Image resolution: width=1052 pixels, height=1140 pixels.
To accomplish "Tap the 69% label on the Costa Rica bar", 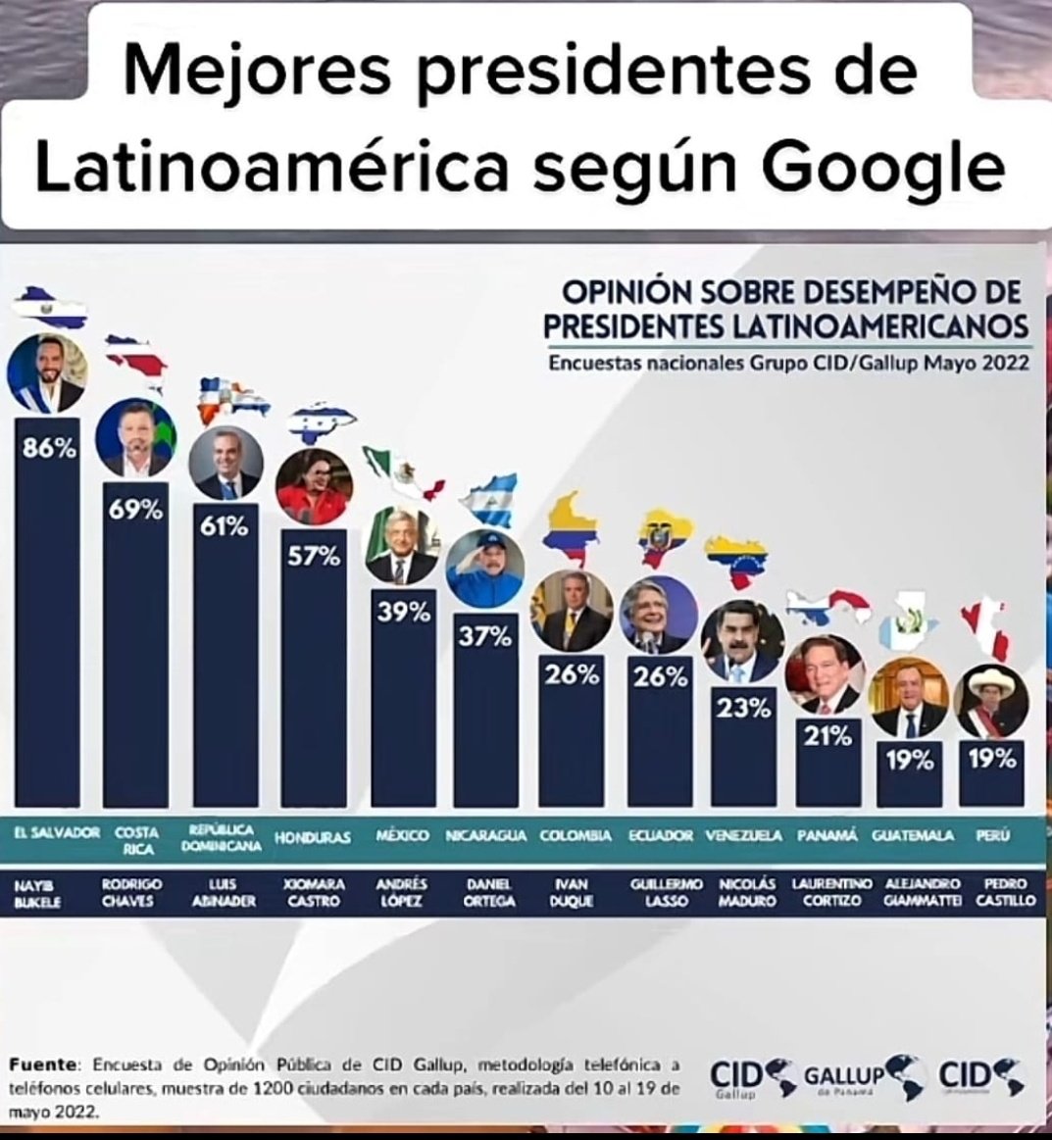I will [x=135, y=511].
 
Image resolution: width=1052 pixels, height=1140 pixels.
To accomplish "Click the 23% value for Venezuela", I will [x=743, y=710].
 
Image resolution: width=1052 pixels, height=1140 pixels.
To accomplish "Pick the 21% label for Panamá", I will [x=827, y=738].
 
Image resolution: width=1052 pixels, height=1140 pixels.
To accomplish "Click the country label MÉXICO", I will [x=402, y=836].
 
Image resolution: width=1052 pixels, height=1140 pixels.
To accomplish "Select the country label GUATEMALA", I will [x=912, y=836].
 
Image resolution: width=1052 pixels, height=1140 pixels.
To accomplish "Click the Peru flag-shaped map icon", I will [x=987, y=627].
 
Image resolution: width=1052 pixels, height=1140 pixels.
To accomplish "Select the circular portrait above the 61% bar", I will [x=225, y=462].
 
